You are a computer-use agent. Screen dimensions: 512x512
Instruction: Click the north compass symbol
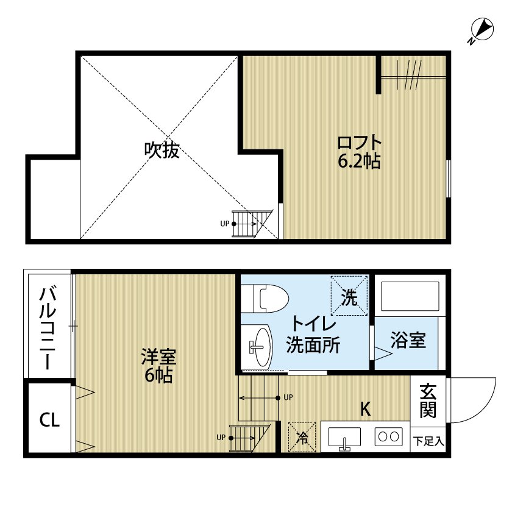[x=482, y=30]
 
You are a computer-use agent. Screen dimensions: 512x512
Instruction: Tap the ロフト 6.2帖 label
[x=360, y=152]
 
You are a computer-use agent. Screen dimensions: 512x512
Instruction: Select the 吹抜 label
[x=162, y=150]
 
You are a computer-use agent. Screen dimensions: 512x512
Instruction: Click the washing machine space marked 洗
[x=349, y=296]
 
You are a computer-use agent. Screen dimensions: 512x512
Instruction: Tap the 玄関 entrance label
[x=428, y=400]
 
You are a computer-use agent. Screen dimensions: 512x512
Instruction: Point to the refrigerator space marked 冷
[x=302, y=437]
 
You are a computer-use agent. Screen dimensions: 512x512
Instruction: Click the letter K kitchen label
[x=365, y=408]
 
